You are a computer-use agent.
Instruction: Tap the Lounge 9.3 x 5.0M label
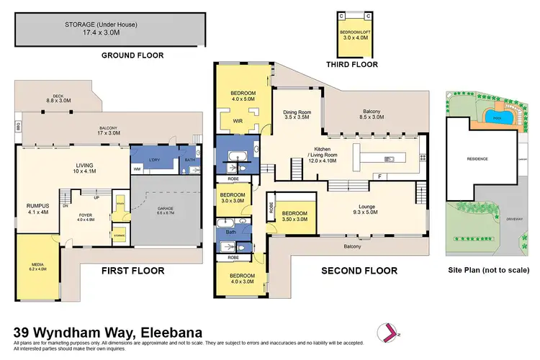pos(366,210)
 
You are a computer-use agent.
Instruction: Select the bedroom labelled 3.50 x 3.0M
pos(294,216)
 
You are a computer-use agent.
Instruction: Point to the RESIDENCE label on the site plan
pos(477,159)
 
